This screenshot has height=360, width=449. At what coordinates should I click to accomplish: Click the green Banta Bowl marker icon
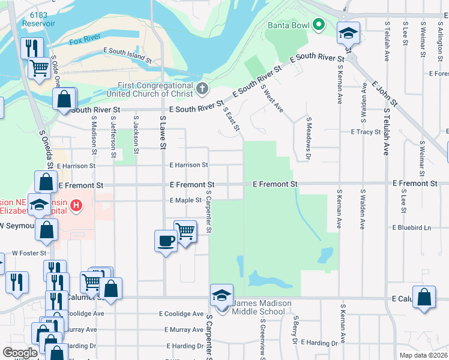point(319,25)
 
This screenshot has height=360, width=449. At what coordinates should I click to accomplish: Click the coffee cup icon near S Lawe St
point(166,241)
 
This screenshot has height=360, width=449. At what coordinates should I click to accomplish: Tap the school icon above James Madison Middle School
point(221,295)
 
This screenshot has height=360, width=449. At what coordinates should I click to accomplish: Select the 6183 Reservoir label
point(35,19)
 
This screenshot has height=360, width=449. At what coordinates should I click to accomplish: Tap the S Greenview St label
point(262,340)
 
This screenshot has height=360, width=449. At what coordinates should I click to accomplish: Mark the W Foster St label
point(29,253)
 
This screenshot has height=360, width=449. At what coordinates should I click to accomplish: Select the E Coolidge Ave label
point(181,314)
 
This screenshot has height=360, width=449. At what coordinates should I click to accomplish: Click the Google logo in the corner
point(20,352)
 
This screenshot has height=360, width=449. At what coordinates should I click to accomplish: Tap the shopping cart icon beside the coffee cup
point(185,231)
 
